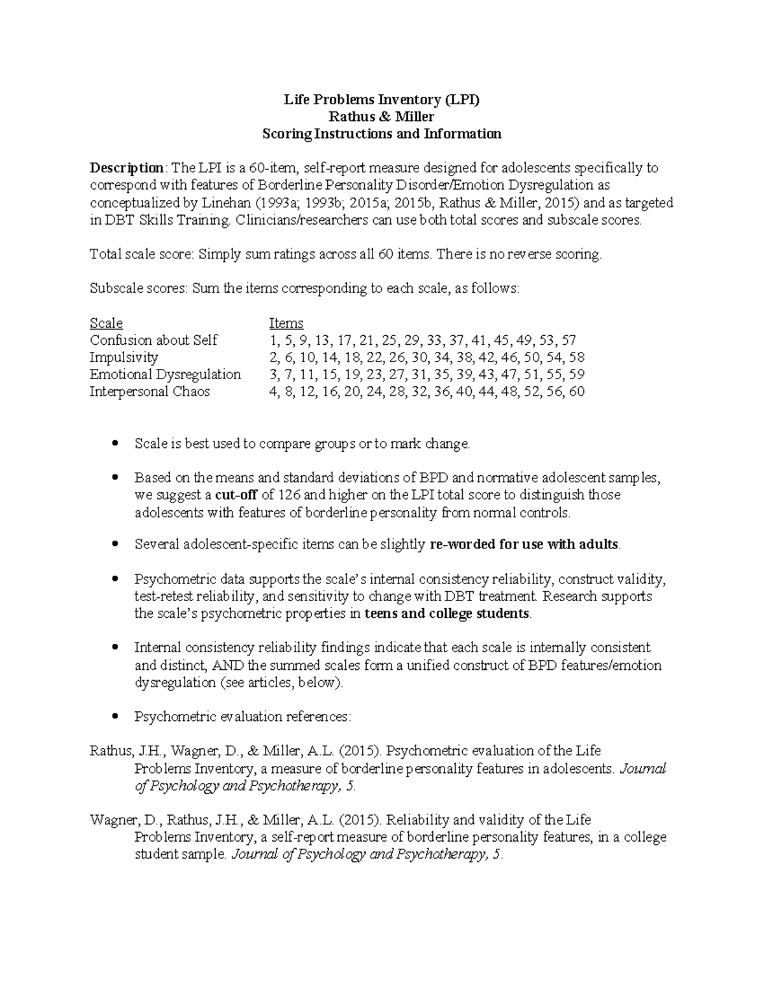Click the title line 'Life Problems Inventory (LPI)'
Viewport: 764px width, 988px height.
[381, 100]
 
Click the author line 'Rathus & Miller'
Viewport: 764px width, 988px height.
[381, 117]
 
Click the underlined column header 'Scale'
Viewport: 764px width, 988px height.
[106, 323]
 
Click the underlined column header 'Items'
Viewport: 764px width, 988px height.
[286, 323]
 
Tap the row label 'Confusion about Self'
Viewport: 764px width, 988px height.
[153, 340]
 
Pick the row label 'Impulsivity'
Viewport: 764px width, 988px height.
[124, 358]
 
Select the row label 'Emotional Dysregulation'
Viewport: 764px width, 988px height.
[165, 375]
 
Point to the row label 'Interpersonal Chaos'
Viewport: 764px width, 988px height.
[150, 392]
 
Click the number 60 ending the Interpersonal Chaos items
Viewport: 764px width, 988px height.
[576, 392]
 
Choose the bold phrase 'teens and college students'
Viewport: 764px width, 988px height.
[447, 614]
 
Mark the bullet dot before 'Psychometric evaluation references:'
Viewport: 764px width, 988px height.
[115, 717]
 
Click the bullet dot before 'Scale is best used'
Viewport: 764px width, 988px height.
[115, 443]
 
